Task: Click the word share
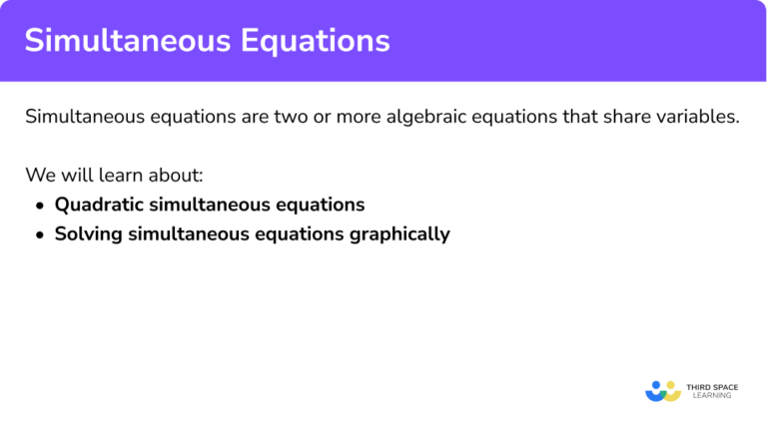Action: [624, 116]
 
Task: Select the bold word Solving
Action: [89, 235]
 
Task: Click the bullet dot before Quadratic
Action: [40, 206]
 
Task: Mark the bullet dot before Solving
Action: [40, 235]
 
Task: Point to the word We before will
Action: [39, 176]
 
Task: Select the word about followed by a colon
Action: [177, 176]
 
